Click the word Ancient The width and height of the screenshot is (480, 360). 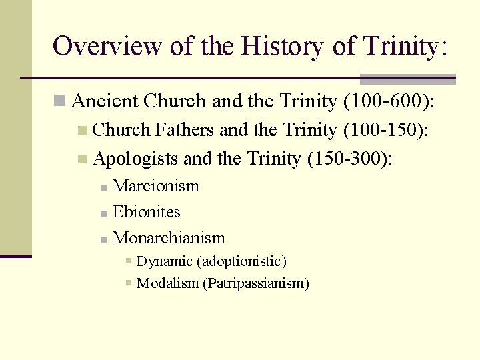click(105, 101)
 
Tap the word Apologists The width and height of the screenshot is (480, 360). click(136, 159)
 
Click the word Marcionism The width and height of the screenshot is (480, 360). click(156, 186)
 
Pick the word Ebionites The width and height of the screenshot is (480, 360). click(147, 212)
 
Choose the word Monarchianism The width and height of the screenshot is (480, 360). click(169, 238)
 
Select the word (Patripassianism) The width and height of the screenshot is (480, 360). click(257, 283)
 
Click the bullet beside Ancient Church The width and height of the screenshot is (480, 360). click(60, 101)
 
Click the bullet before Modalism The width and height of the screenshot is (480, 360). click(129, 283)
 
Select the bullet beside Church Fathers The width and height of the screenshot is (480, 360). click(82, 131)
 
